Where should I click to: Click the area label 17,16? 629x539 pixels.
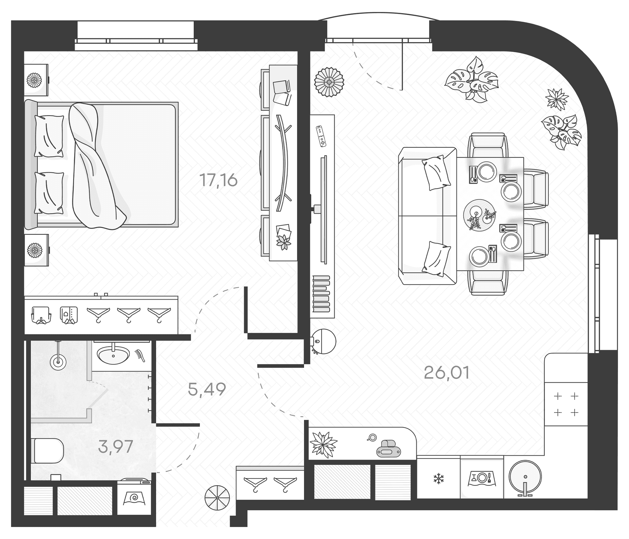[x=218, y=180]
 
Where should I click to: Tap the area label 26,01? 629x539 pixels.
[x=447, y=373]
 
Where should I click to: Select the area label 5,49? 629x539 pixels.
[x=207, y=389]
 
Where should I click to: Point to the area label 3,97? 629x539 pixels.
[x=115, y=446]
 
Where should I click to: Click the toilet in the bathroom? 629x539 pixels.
[x=47, y=451]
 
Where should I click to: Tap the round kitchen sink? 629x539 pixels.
[x=525, y=477]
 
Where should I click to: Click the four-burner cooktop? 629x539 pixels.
[x=566, y=404]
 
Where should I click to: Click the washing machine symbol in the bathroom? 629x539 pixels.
[x=135, y=498]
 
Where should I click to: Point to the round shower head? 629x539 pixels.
[x=58, y=362]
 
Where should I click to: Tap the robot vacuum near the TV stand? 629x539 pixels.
[x=323, y=342]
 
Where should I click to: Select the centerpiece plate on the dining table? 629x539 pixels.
[x=479, y=215]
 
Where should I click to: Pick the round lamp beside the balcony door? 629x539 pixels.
[x=329, y=82]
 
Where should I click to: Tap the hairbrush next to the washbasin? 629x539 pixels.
[x=140, y=355]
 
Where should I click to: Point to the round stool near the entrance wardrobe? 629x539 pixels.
[x=217, y=498]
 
